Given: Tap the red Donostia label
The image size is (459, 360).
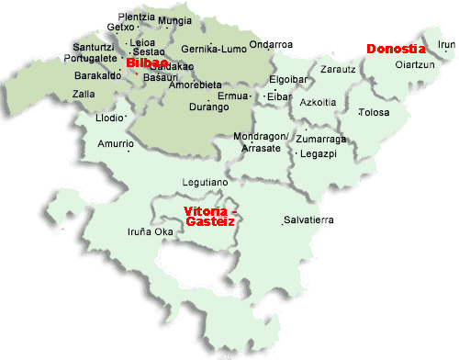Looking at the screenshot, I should [x=396, y=49].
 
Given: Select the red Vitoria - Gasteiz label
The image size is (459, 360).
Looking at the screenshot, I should [x=210, y=216].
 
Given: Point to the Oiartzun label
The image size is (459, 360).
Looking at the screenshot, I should [x=414, y=64].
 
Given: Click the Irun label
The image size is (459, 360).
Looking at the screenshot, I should [x=446, y=43].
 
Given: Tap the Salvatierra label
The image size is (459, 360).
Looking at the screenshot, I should [x=308, y=219].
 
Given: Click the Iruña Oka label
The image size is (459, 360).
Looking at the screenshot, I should [x=150, y=231].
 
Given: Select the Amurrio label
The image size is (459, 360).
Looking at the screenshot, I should [x=115, y=143].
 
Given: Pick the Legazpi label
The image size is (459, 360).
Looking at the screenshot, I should [x=320, y=153].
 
